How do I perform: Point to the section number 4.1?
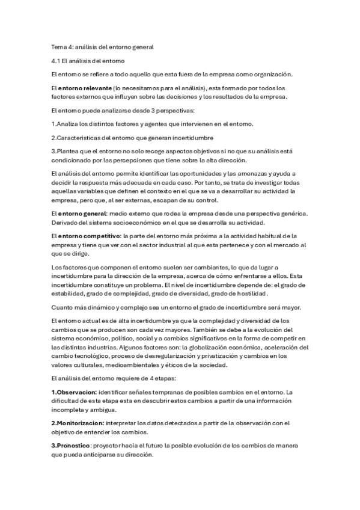tap(56, 61)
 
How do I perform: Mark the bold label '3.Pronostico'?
tap(71, 444)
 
